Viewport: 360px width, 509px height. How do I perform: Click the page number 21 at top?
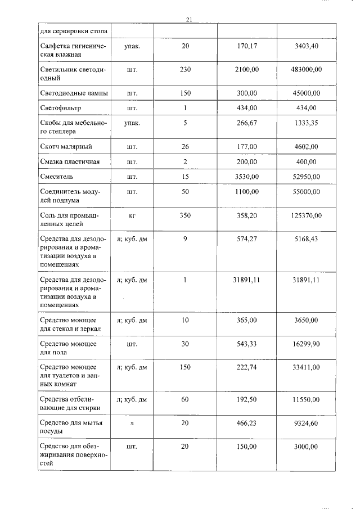click(189, 20)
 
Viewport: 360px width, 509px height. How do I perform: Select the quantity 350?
click(186, 215)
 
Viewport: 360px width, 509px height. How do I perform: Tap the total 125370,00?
click(306, 215)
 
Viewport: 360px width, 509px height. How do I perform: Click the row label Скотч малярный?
click(66, 147)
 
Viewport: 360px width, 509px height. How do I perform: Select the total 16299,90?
click(306, 344)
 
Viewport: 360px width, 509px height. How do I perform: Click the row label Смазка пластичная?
click(70, 162)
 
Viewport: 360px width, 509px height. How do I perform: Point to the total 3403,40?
click(306, 46)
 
